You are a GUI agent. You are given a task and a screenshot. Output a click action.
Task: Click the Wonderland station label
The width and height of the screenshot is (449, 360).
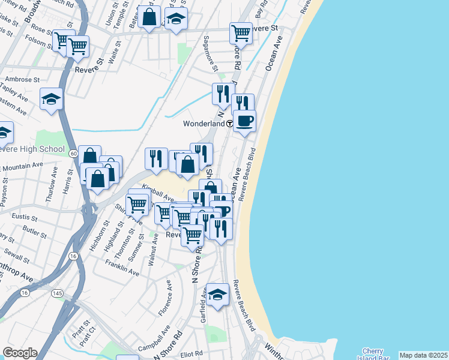coord(203,123)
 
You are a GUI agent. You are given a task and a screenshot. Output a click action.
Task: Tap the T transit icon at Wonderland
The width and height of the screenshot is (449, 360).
coord(230,123)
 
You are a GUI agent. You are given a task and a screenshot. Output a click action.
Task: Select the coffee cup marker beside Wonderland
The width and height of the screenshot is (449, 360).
coord(244,121)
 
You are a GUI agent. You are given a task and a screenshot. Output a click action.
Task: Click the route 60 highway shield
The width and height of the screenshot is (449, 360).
coord(72,154)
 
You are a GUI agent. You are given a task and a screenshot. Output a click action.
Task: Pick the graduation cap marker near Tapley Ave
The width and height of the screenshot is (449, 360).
coord(52,98)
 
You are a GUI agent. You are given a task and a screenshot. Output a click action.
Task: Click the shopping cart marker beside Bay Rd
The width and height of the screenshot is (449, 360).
coord(241,33)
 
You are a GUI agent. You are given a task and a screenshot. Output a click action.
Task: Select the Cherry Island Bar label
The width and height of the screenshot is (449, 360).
coord(377,354)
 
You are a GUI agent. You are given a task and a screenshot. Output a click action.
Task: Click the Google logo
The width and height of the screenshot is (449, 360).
coord(19,353)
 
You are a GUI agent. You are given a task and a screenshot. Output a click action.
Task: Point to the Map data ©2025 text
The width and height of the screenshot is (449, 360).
coord(424,355)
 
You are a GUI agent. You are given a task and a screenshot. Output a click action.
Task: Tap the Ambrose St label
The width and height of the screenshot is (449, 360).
coord(22,79)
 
